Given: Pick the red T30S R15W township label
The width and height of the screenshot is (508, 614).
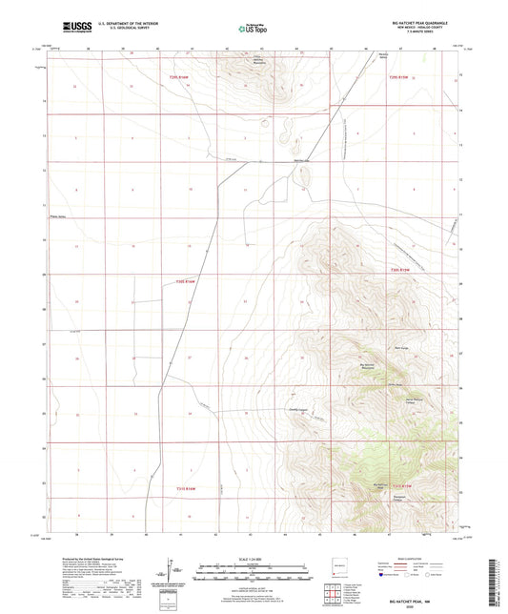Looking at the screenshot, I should [399, 272].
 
